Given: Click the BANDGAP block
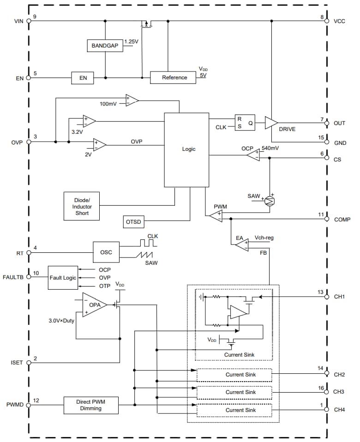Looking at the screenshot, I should click(x=105, y=46).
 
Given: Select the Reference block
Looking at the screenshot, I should click(x=174, y=78).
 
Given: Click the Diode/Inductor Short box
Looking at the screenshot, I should click(x=81, y=206).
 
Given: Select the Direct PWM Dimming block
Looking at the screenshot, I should click(x=90, y=405).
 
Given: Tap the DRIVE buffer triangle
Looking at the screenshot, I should click(x=271, y=123).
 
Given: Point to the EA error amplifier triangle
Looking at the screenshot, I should click(x=241, y=244).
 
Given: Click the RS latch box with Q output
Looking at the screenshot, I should click(x=245, y=123).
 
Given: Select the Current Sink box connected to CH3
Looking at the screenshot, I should click(x=234, y=392).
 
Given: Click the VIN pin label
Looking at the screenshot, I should click(x=18, y=21).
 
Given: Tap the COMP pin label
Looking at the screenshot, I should click(x=342, y=220).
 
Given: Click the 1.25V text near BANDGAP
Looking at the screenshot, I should click(x=132, y=42).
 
